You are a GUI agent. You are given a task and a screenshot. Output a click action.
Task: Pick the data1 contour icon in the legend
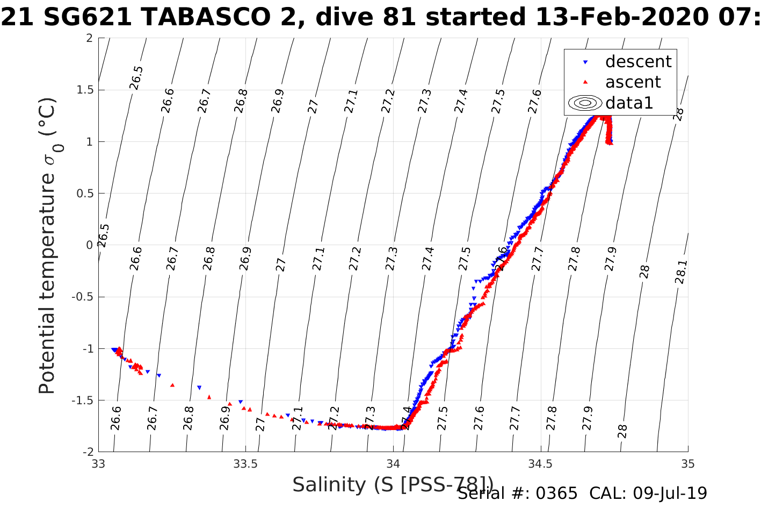click(x=585, y=103)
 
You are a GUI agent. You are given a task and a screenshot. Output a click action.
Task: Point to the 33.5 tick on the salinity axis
click(x=245, y=463)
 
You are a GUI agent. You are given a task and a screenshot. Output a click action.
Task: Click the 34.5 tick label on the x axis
click(x=540, y=463)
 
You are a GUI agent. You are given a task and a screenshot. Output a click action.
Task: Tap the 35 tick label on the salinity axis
click(x=688, y=463)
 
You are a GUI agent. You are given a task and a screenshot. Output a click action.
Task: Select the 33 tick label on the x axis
click(x=98, y=463)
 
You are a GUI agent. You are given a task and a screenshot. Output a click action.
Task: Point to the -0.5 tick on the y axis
click(x=82, y=297)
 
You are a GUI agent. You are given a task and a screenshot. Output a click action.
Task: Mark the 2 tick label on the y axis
click(x=89, y=38)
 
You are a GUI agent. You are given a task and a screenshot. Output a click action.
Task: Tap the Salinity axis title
click(x=392, y=485)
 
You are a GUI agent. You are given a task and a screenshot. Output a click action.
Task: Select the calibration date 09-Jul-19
click(x=670, y=493)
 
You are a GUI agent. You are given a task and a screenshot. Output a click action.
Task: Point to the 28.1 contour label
click(x=680, y=272)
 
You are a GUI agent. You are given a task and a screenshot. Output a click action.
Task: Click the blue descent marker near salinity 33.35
click(x=199, y=388)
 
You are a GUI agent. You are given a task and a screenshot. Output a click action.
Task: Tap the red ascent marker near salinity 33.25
click(x=172, y=385)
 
